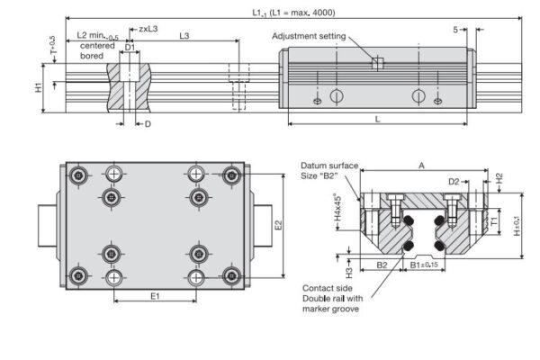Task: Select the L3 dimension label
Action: (184, 36)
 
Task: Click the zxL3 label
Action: (148, 29)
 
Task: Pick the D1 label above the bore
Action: (130, 45)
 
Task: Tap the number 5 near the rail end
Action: (455, 30)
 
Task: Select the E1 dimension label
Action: (155, 294)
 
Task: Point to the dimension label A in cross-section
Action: (421, 166)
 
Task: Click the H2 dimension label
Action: (499, 178)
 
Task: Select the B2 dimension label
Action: (382, 265)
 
